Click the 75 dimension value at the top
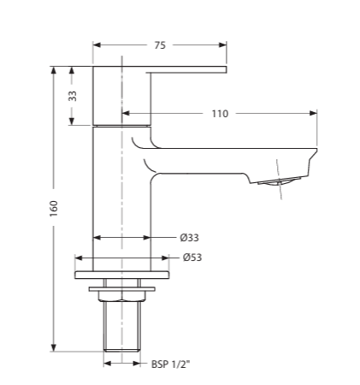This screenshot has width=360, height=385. point(160,46)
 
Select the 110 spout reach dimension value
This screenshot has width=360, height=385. point(220,113)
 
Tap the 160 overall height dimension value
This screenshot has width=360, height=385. point(53,208)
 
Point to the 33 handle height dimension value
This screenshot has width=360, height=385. point(73,96)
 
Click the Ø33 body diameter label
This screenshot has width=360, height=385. point(189,238)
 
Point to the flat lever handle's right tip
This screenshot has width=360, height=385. point(224,68)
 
